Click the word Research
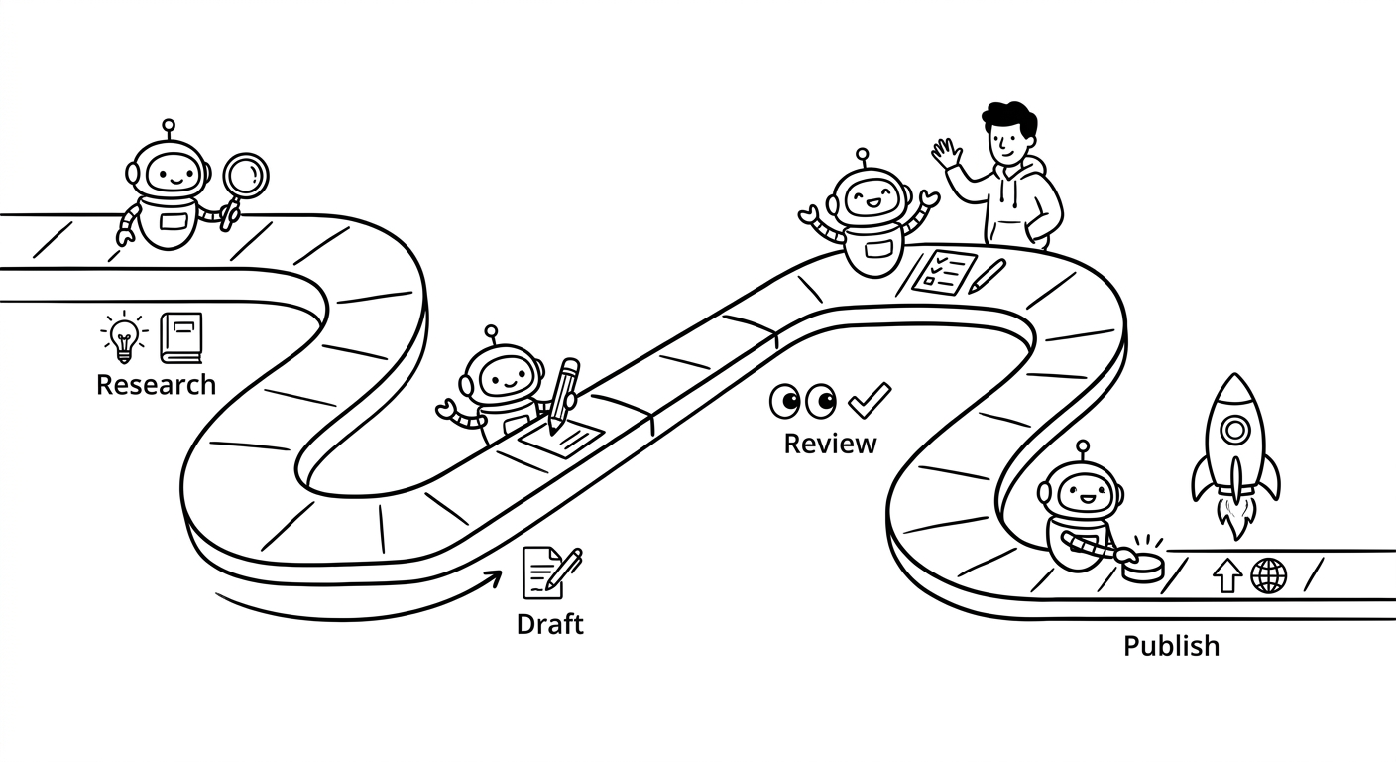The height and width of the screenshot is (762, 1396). [157, 385]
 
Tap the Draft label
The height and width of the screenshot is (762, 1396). [550, 624]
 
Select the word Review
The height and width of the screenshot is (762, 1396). [830, 444]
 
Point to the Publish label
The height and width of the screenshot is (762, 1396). [1172, 646]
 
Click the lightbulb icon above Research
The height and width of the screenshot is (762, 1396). [125, 337]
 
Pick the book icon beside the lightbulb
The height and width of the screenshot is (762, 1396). [181, 337]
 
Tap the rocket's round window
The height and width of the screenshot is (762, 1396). [1235, 431]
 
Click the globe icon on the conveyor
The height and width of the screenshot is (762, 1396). [1269, 575]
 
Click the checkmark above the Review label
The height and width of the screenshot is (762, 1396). [871, 400]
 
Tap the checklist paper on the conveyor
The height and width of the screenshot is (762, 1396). [944, 272]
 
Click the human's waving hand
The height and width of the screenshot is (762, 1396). [947, 154]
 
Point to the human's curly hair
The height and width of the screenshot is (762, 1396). [1010, 118]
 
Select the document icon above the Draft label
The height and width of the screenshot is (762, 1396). [552, 573]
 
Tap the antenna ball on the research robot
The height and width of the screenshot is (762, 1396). [169, 125]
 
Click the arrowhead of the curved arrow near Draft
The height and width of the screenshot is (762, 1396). [495, 578]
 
